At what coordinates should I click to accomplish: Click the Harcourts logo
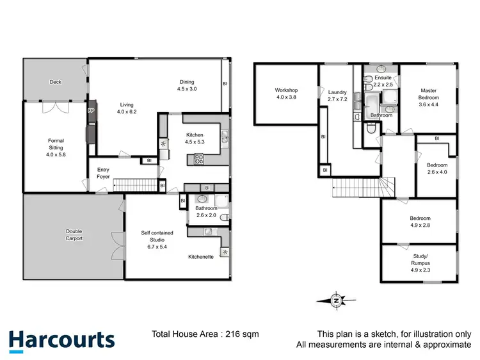pos(62,340)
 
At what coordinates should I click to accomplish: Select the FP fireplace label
pos(91,111)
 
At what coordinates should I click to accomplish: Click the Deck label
pos(55,82)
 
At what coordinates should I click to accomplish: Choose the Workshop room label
pos(287,94)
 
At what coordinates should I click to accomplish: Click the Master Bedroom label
pos(428,98)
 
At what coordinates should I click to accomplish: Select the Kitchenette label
pos(201,256)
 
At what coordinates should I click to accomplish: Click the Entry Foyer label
pos(103,174)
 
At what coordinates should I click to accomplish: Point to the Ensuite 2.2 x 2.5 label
pos(382,81)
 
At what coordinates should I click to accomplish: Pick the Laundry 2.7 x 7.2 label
pos(337,95)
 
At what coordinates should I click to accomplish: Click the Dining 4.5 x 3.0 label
pos(188,85)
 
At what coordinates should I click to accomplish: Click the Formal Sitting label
pos(56,147)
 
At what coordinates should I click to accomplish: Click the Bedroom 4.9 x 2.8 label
pos(420,222)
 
